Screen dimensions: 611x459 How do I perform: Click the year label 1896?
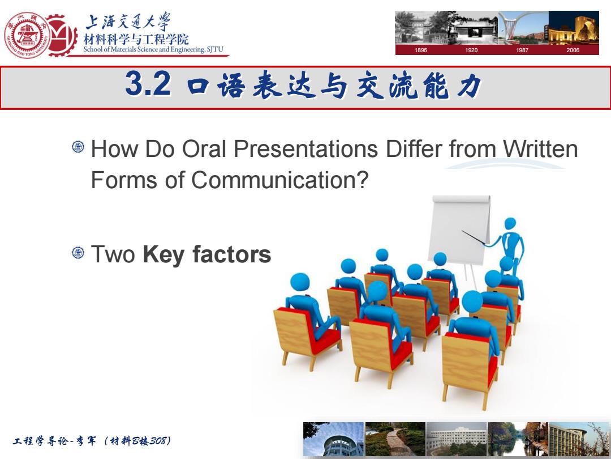420,50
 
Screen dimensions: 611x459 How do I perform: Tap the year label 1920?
471,50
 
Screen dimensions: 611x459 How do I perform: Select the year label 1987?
522,50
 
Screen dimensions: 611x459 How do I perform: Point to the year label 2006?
573,50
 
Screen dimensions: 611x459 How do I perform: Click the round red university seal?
27,35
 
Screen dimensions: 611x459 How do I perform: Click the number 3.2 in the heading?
148,84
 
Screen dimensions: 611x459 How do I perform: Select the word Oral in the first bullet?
205,148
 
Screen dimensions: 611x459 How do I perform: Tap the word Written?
540,148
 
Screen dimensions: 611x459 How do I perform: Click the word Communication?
280,180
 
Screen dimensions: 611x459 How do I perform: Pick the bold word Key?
164,254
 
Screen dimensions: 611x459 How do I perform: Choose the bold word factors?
231,254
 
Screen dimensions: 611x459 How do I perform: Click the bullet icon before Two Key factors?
78,253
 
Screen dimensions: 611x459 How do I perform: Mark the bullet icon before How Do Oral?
78,147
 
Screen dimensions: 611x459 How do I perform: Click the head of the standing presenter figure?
510,224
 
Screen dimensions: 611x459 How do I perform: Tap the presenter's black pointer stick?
474,238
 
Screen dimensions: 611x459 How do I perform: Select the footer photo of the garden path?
395,439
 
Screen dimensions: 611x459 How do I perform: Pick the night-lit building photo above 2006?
574,27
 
